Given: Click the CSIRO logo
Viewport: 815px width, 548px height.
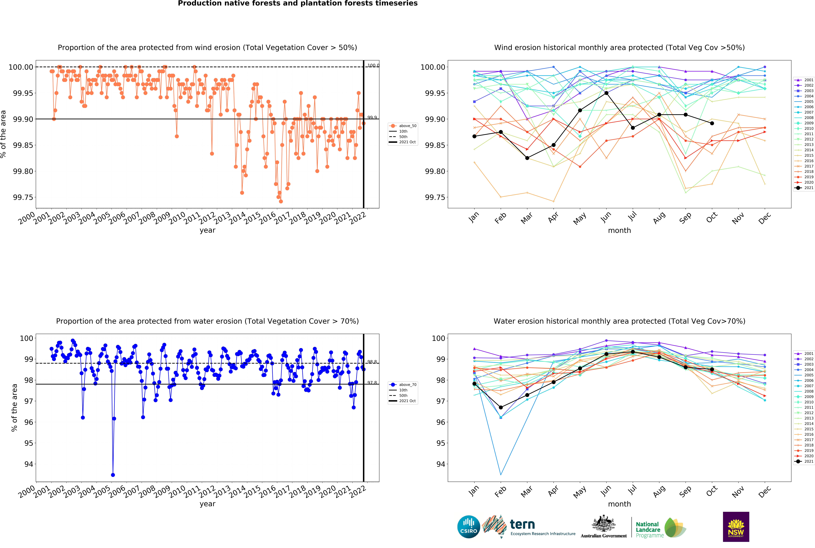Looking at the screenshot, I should (468, 527).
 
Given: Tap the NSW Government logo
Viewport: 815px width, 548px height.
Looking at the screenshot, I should (736, 527).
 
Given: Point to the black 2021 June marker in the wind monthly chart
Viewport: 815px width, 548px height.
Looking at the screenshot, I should (606, 93).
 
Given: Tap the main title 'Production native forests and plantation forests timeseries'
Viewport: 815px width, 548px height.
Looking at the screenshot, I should (298, 4).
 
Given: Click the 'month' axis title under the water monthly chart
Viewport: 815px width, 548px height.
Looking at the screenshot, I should (619, 504).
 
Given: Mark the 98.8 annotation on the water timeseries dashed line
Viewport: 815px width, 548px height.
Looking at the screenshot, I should (372, 362).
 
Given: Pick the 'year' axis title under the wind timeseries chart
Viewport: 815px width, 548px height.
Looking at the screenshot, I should (207, 230).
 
